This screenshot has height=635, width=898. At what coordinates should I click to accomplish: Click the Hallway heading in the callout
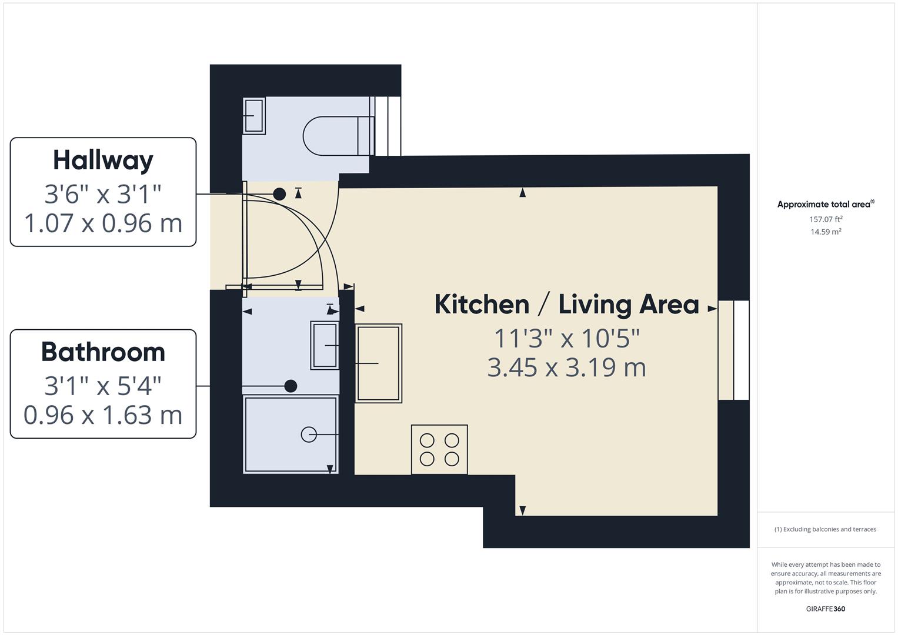point(103,160)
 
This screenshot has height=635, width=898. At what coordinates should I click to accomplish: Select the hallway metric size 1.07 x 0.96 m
point(103,223)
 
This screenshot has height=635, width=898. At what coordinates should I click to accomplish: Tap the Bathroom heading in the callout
point(103,352)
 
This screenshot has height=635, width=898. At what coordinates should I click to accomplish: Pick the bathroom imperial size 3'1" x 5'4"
point(103,386)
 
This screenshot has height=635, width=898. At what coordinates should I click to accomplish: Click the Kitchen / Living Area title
point(566,305)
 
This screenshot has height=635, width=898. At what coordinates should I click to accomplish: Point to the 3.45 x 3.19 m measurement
point(566,367)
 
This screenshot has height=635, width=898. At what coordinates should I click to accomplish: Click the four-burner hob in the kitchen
point(439,449)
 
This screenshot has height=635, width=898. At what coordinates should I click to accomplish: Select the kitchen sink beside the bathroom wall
point(378,363)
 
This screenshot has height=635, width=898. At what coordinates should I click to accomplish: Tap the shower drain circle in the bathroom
point(309,434)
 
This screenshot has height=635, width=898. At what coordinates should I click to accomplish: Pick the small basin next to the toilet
point(253,116)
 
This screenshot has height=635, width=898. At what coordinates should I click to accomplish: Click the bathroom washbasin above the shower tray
point(325,345)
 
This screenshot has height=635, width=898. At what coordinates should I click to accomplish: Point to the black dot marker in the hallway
point(279,193)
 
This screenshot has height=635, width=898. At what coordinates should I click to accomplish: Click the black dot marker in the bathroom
point(291,386)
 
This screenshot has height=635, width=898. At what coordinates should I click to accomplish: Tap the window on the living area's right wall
point(733,350)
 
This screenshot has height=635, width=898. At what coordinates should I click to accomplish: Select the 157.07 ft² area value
point(826,219)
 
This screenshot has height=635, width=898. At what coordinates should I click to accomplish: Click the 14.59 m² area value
point(826,232)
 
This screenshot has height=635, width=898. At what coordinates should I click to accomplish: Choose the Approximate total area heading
point(825,205)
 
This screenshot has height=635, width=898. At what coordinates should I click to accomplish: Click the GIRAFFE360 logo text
point(825,609)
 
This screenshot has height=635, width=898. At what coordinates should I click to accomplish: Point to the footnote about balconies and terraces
point(825,529)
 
